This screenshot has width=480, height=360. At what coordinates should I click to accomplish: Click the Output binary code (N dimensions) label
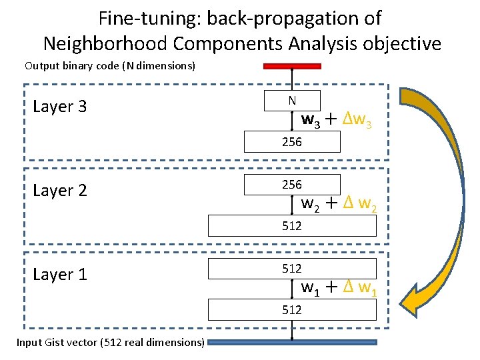click(110, 66)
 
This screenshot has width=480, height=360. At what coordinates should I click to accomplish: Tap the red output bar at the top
click(292, 66)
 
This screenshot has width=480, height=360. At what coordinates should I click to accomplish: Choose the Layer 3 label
click(59, 107)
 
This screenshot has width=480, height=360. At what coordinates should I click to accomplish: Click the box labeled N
click(292, 101)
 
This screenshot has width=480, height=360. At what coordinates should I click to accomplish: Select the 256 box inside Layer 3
click(292, 142)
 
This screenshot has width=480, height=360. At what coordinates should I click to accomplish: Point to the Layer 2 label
click(59, 191)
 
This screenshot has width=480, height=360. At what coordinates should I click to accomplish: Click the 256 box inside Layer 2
click(292, 185)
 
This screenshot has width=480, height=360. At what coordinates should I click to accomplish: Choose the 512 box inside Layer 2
click(292, 226)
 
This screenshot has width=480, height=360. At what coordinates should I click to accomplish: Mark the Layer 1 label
click(59, 275)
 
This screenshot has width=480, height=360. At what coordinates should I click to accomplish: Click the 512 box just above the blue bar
click(292, 310)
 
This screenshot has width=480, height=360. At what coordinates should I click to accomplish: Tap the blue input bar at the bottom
click(292, 343)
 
